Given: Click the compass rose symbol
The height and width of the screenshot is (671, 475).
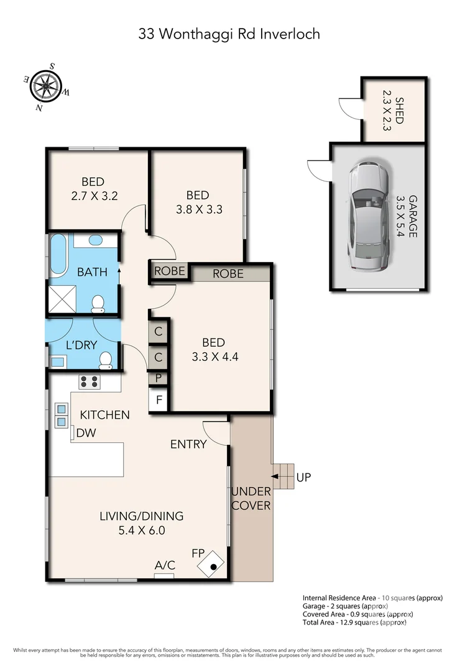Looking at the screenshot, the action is point(45,86).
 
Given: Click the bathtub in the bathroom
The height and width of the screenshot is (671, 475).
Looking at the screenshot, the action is point(58,255).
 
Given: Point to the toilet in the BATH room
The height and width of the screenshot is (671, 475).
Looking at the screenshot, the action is point(98,304).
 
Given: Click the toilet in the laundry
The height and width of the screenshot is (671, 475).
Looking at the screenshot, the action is point(105,361).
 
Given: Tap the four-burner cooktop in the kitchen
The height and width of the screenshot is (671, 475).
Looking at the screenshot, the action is point(89,381).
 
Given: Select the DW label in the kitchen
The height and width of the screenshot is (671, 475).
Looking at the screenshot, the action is point(86,432).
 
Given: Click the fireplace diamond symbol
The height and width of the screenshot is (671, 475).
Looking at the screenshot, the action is point(211,564).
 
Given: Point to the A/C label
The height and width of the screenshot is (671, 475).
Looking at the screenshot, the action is point(165,565).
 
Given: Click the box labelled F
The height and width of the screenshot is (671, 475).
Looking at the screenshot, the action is point(159,400).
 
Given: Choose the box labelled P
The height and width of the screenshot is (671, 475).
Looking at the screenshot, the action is point(159,378).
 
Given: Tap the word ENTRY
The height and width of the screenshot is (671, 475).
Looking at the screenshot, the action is point(188,444).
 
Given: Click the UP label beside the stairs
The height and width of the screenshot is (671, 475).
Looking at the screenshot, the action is point(303,477).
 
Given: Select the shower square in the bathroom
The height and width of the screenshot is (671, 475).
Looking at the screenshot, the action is point(62,299).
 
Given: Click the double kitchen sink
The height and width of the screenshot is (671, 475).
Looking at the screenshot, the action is point(61,416).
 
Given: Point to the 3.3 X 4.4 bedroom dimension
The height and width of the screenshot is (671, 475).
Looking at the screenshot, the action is point(215,357).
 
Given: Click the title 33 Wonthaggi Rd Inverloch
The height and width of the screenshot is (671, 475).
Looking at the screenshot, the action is point(229,34).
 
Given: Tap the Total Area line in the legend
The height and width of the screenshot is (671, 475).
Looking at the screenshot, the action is point(354,622).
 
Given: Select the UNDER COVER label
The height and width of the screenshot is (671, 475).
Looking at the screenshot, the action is point(251,498).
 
